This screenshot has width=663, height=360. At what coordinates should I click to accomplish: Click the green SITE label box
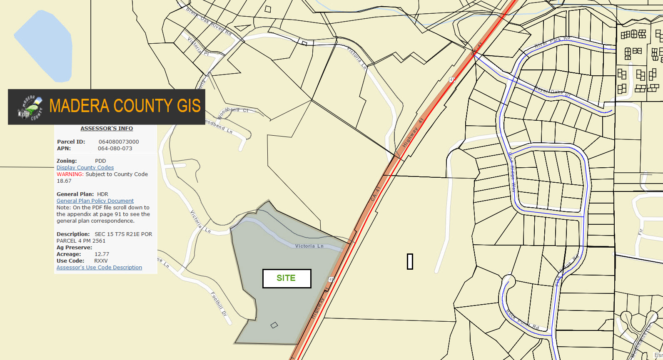point(287,278)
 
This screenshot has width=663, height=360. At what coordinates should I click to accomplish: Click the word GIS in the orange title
point(189,106)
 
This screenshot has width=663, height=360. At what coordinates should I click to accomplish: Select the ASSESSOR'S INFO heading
point(107,129)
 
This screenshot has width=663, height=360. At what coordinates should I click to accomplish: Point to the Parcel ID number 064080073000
point(119,142)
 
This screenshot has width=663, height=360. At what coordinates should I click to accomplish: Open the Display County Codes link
point(85,168)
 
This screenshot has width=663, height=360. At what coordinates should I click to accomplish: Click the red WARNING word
point(70,174)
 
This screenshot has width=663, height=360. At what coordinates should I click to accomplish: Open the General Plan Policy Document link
point(95,201)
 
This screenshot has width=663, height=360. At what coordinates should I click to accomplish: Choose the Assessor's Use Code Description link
point(99,268)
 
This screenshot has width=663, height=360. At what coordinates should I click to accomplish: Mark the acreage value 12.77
point(102,254)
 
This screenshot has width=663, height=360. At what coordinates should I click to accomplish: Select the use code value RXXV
point(101,261)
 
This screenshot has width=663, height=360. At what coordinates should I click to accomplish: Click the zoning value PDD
point(100,161)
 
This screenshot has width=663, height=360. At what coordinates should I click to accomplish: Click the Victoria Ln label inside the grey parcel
point(309,246)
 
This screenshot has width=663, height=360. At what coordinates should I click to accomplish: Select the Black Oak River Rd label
point(209,21)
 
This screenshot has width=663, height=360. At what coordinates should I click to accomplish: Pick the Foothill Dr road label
point(219,304)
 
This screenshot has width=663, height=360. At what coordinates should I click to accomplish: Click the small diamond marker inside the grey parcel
point(274,325)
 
